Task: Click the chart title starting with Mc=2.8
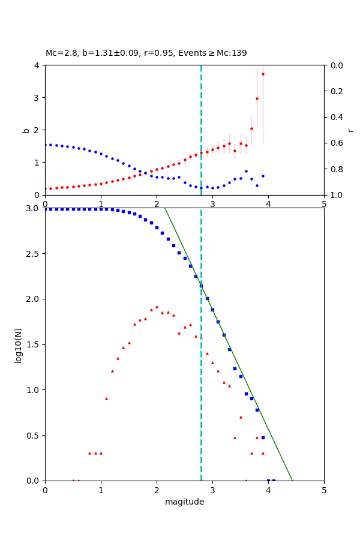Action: pyautogui.click(x=146, y=53)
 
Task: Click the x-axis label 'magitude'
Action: pyautogui.click(x=184, y=502)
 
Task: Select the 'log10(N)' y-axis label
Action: pyautogui.click(x=18, y=344)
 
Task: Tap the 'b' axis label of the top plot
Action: pyautogui.click(x=26, y=130)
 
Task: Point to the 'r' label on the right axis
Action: pyautogui.click(x=350, y=130)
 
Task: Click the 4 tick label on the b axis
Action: pyautogui.click(x=37, y=65)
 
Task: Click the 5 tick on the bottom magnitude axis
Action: pyautogui.click(x=324, y=490)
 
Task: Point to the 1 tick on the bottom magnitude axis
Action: pyautogui.click(x=101, y=490)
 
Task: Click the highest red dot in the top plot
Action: pyautogui.click(x=263, y=74)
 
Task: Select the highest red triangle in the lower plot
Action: pyautogui.click(x=157, y=307)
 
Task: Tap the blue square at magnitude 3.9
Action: pyautogui.click(x=263, y=437)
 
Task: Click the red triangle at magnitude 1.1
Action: pyautogui.click(x=106, y=398)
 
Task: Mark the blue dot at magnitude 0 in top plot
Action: pyautogui.click(x=45, y=145)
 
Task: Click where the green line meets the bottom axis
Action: pyautogui.click(x=292, y=481)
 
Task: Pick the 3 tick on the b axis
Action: pyautogui.click(x=37, y=98)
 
